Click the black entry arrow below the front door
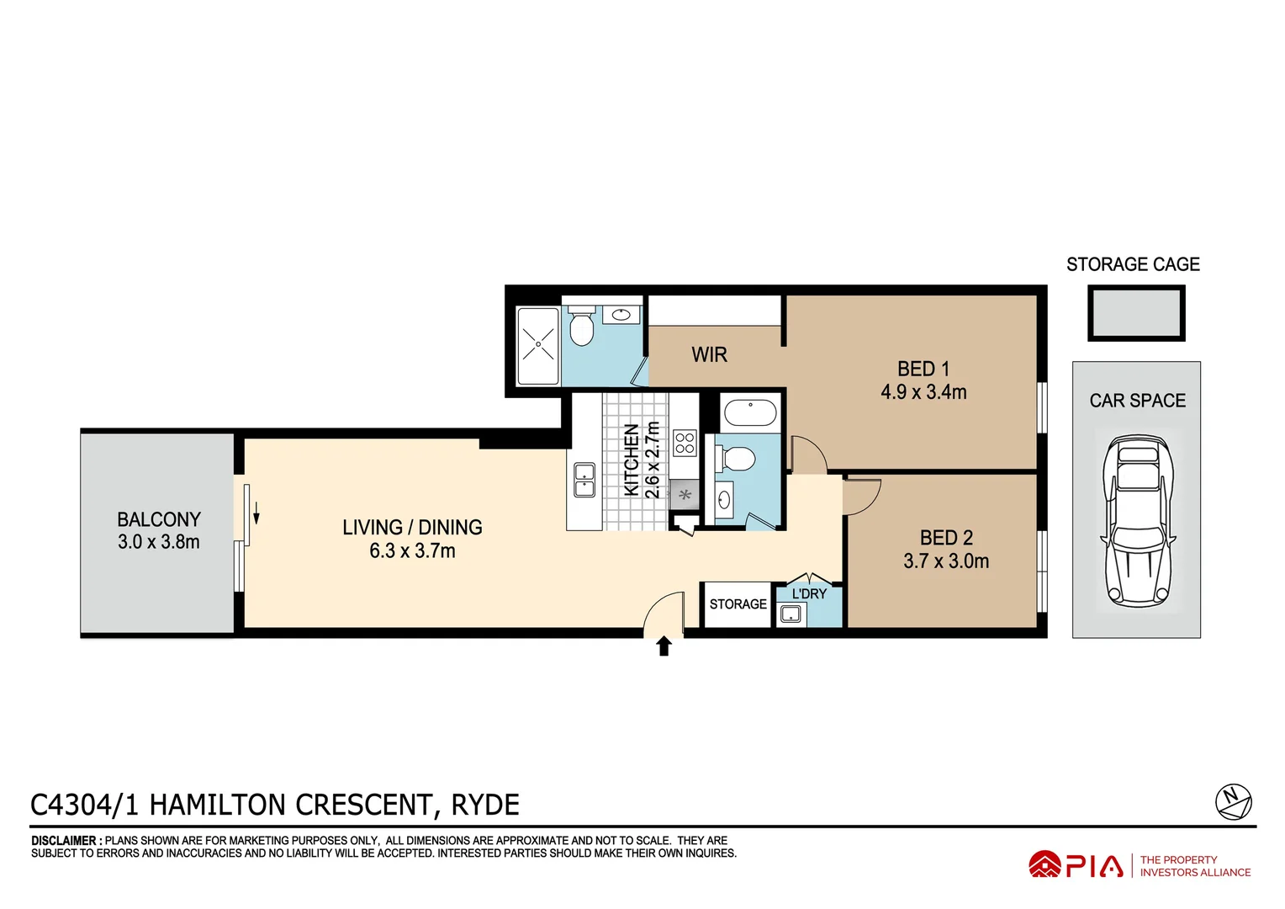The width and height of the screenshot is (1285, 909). tap(664, 646)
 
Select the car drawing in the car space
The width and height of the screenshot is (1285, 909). tap(1137, 520)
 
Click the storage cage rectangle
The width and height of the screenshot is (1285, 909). tap(1135, 313)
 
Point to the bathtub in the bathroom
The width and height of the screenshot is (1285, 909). tap(750, 413)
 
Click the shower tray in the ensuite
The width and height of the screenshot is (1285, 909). tap(537, 345)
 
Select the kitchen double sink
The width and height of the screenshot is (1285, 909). tap(584, 481)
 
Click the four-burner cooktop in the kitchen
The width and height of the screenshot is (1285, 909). tap(685, 443)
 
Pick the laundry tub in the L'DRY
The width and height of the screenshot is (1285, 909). tap(791, 614)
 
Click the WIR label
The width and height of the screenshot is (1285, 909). tap(709, 355)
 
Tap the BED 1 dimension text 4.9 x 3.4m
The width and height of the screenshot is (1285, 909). tap(923, 392)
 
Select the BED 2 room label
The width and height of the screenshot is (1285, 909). tap(946, 538)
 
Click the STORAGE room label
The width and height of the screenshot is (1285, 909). tap(738, 604)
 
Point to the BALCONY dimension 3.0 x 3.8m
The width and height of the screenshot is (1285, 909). tap(159, 542)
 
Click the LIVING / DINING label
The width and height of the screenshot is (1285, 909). tap(412, 528)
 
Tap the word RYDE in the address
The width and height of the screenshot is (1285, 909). tap(485, 805)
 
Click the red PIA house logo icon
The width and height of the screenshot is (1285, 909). tap(1044, 864)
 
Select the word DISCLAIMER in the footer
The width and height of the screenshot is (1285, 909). tap(64, 841)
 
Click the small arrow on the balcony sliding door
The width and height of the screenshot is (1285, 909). tap(256, 513)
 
